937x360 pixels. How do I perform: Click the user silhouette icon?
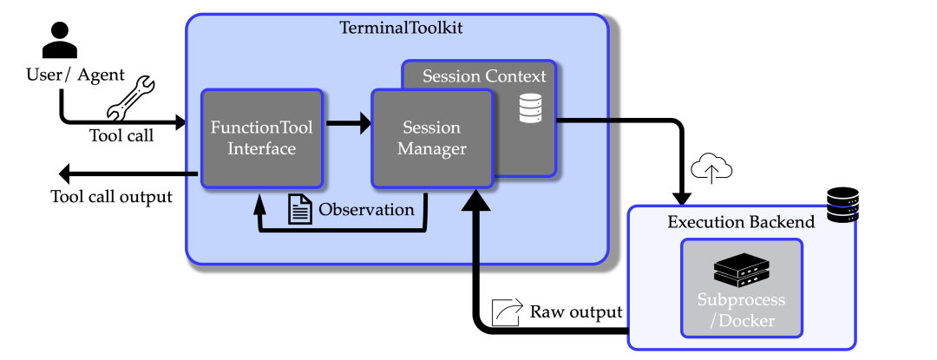(x=60, y=39)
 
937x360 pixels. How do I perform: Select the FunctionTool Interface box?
(x=262, y=138)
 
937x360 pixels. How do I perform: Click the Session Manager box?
(x=431, y=138)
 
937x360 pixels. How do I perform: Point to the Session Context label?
(x=484, y=76)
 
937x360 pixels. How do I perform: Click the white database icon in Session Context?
(x=530, y=110)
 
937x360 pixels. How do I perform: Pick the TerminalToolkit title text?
(x=400, y=28)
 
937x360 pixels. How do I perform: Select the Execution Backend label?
(x=741, y=222)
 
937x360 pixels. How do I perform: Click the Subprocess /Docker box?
(x=742, y=289)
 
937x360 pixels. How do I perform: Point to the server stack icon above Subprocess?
(x=742, y=272)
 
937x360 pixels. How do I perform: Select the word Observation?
(x=366, y=209)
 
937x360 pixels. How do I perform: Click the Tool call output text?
(x=111, y=197)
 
